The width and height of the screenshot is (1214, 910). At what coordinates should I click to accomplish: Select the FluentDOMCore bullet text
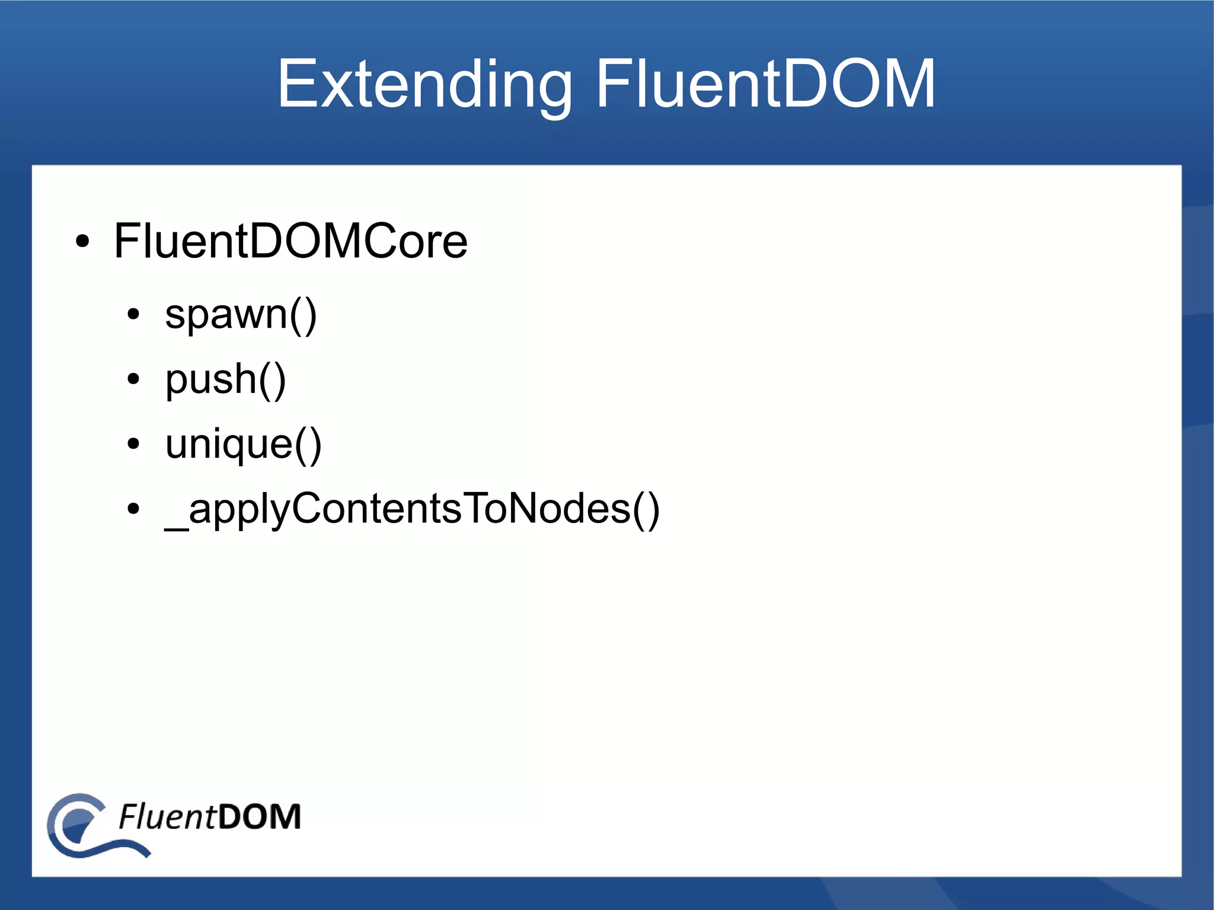click(x=290, y=241)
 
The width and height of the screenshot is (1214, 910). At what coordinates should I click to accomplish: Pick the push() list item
click(x=225, y=379)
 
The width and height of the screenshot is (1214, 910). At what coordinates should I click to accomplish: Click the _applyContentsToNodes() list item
click(x=412, y=509)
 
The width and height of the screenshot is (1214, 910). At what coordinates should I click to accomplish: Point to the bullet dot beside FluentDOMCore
click(x=83, y=242)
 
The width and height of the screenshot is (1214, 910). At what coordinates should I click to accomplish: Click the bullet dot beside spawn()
click(x=133, y=315)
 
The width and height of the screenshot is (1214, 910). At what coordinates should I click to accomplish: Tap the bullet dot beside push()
click(x=133, y=379)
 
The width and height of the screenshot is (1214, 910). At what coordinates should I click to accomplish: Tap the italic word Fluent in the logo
click(x=167, y=817)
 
